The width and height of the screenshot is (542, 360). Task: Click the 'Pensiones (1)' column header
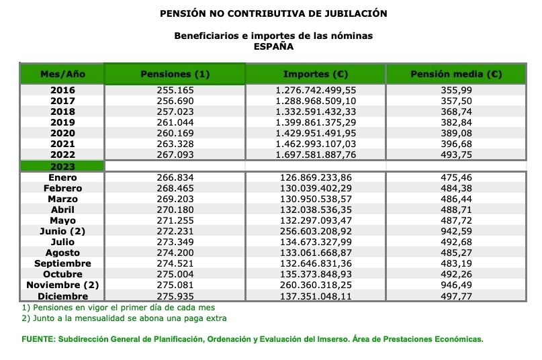[x=174, y=74]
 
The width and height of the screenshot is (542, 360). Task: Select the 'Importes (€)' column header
[x=315, y=74]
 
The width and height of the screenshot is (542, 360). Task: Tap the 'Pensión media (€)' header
[x=456, y=74]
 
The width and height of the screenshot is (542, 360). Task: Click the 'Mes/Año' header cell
[x=62, y=74]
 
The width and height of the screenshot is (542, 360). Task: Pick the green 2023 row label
[x=62, y=166]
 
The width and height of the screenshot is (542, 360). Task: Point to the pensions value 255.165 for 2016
[x=174, y=90]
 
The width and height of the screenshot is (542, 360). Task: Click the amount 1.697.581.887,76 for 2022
[x=315, y=154]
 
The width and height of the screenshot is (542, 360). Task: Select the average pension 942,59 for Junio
[x=456, y=231]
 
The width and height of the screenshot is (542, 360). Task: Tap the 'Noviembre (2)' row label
[x=62, y=285]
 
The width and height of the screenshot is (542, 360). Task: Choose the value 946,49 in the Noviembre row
[x=456, y=285]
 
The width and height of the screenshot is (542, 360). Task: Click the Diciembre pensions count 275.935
[x=174, y=296]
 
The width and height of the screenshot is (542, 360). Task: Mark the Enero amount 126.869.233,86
[x=315, y=177]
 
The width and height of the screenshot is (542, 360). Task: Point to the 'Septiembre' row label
[x=62, y=263]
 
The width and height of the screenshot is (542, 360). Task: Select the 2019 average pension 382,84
[x=456, y=122]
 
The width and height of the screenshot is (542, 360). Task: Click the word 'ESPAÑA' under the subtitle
[x=273, y=46]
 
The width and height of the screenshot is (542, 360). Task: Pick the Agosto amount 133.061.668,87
[x=315, y=253]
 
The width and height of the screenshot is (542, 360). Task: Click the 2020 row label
[x=62, y=133]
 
